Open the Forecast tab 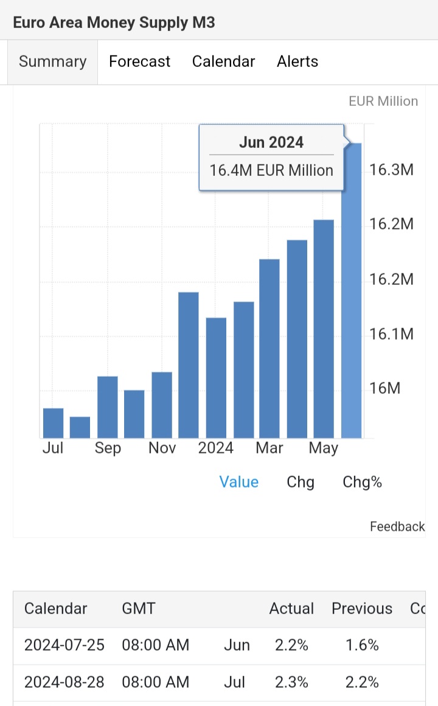[x=139, y=61]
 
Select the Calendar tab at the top [x=223, y=61]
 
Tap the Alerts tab [x=297, y=61]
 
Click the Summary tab [x=52, y=61]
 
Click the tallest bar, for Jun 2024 [x=352, y=292]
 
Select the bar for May [x=324, y=329]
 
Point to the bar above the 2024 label [x=216, y=377]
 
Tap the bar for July [x=54, y=422]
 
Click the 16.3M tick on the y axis [x=391, y=170]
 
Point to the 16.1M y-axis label [x=391, y=334]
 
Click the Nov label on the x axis [x=162, y=449]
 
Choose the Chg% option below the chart [x=362, y=482]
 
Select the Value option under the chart [x=239, y=482]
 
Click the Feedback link [x=397, y=526]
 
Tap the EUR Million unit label [x=383, y=101]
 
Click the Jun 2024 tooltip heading [x=271, y=142]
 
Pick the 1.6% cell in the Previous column [x=362, y=645]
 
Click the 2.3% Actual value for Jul [x=291, y=682]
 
